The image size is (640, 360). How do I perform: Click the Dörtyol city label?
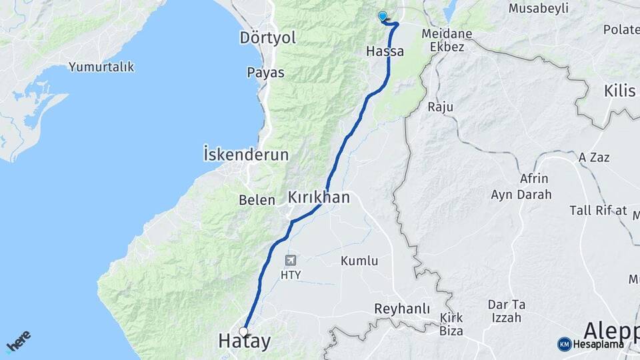pyautogui.click(x=267, y=38)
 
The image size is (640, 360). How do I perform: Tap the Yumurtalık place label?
pyautogui.click(x=101, y=67)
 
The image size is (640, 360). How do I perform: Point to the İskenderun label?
pyautogui.click(x=246, y=155)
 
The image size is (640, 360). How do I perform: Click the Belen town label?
pyautogui.click(x=257, y=199)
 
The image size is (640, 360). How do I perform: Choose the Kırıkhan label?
pyautogui.click(x=319, y=197)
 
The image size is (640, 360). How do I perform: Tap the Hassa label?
pyautogui.click(x=385, y=51)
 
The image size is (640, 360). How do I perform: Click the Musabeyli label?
pyautogui.click(x=538, y=9)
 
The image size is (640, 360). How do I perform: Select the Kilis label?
pyautogui.click(x=619, y=91)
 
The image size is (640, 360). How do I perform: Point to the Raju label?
pyautogui.click(x=440, y=107)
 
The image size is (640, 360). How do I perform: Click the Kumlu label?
pyautogui.click(x=359, y=261)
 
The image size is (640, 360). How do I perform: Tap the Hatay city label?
pyautogui.click(x=245, y=342)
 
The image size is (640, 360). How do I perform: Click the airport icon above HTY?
pyautogui.click(x=291, y=260)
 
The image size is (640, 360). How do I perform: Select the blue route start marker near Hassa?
pyautogui.click(x=382, y=16)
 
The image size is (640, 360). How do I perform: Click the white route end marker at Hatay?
pyautogui.click(x=244, y=331)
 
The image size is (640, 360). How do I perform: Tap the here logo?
pyautogui.click(x=18, y=341)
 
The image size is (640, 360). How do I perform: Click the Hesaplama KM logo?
pyautogui.click(x=591, y=344)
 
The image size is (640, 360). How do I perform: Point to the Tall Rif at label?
pyautogui.click(x=598, y=211)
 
